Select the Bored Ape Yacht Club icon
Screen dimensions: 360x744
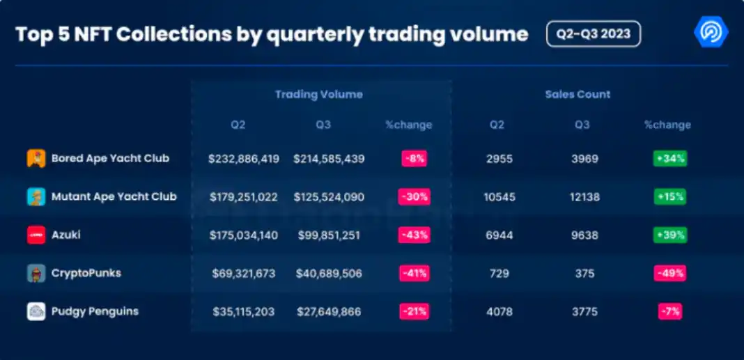pyautogui.click(x=36, y=159)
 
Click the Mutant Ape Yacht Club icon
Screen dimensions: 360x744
pyautogui.click(x=36, y=197)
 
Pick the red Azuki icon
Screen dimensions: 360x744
pyautogui.click(x=36, y=235)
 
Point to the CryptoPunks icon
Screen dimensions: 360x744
pyautogui.click(x=36, y=273)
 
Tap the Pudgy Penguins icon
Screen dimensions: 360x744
pyautogui.click(x=36, y=311)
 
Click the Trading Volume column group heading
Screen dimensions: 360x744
pyautogui.click(x=318, y=95)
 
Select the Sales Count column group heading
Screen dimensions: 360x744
pyautogui.click(x=578, y=95)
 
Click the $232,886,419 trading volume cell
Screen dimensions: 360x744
pyautogui.click(x=244, y=159)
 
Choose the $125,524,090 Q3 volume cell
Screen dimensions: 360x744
pyautogui.click(x=329, y=197)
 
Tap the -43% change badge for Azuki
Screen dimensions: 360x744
pyautogui.click(x=414, y=235)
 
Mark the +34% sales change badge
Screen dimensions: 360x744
pyautogui.click(x=669, y=159)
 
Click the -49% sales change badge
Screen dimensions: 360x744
pyautogui.click(x=669, y=273)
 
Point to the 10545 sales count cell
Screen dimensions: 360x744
pyautogui.click(x=499, y=197)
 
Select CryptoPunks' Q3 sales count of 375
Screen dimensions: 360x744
pyautogui.click(x=585, y=274)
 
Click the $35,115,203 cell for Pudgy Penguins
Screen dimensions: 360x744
pyautogui.click(x=244, y=311)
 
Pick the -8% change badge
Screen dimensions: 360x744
pyautogui.click(x=414, y=159)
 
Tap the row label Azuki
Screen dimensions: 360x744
pyautogui.click(x=66, y=235)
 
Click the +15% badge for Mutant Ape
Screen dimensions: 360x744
pyautogui.click(x=669, y=197)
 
